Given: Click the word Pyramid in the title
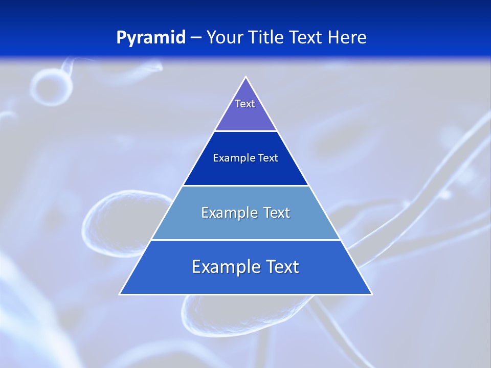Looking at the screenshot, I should [x=151, y=38].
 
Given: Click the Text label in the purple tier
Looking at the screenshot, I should [x=245, y=104].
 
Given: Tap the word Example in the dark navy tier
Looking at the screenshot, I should [x=231, y=158].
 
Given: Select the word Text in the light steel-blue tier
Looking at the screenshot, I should [x=276, y=213].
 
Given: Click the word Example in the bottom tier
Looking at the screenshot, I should [x=220, y=267].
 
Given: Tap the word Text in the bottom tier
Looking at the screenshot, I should [x=281, y=267].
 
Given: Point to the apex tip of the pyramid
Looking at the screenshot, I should [x=245, y=78].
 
